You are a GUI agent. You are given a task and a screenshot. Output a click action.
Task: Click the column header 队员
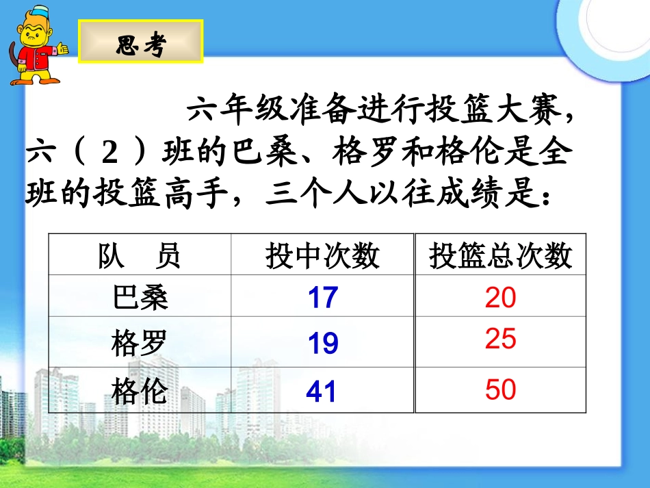(x=140, y=256)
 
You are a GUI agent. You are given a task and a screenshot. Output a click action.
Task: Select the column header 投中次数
(x=322, y=256)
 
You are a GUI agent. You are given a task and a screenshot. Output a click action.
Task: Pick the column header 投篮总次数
(x=501, y=256)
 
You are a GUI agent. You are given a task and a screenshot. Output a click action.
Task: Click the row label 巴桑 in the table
(x=140, y=297)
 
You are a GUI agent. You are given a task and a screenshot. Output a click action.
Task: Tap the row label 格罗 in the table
(x=140, y=342)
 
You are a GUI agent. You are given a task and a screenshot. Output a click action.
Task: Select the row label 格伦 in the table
(x=140, y=391)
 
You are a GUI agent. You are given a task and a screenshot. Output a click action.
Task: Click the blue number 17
(x=322, y=298)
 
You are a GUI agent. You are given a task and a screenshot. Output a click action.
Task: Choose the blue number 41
(x=322, y=391)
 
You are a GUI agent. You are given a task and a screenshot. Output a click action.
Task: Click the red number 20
(x=500, y=298)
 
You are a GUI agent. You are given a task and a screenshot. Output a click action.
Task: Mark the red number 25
(x=500, y=339)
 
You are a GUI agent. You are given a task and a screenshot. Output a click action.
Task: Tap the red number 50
(x=500, y=389)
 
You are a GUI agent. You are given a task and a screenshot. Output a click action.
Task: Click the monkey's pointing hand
(x=64, y=49)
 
